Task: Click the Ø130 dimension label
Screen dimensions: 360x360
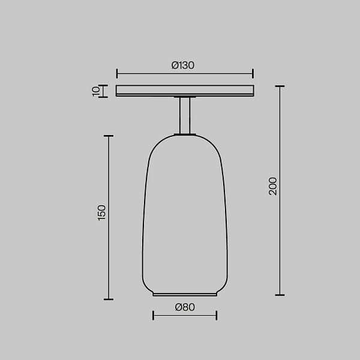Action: [x=183, y=65]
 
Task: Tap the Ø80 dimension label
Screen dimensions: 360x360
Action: [x=185, y=307]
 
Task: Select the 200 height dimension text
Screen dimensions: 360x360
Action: [x=273, y=186]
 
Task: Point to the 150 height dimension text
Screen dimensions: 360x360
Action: [x=101, y=213]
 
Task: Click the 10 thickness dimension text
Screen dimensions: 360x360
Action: [x=96, y=91]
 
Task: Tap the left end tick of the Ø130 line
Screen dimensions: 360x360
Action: [x=117, y=73]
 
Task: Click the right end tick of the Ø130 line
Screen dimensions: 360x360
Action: [x=253, y=73]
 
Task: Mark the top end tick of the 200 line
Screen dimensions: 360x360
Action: [x=280, y=86]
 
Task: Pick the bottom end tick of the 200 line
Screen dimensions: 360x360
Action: [x=280, y=295]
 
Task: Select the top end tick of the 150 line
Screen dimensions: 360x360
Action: [x=109, y=136]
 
